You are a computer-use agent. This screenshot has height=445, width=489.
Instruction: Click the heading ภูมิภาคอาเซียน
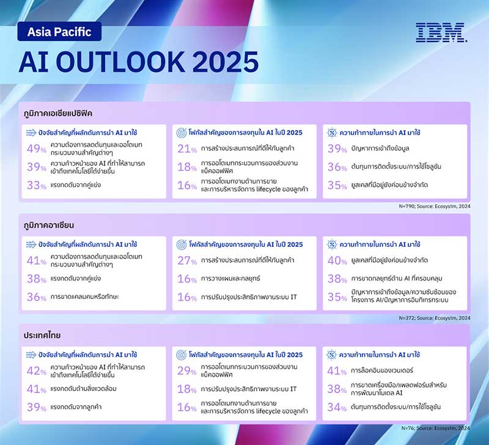(51, 224)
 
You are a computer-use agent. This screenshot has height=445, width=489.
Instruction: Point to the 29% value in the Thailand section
(186, 371)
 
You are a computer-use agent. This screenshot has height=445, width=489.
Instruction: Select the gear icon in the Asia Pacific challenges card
(331, 132)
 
